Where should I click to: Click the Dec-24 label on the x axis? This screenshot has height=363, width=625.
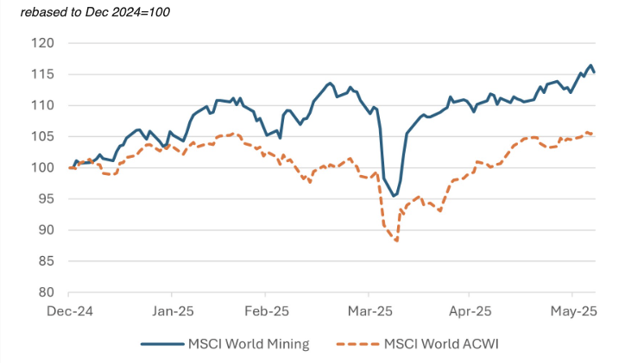[68, 310]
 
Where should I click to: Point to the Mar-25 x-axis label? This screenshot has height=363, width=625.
[369, 310]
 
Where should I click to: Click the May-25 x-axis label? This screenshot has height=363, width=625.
[572, 310]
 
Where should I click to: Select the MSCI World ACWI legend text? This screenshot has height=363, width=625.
[441, 343]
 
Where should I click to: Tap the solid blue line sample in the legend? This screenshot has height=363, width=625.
[161, 343]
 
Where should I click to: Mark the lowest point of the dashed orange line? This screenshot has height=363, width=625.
[396, 241]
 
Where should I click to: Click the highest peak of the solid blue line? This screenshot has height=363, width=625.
[590, 66]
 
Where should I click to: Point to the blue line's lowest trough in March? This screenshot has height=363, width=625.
[394, 196]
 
